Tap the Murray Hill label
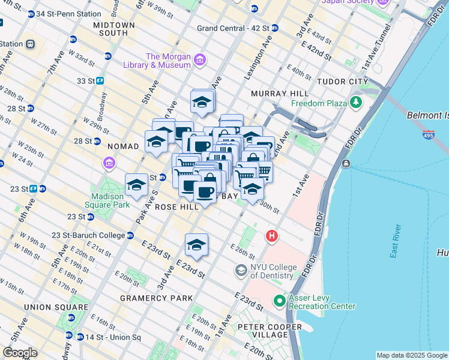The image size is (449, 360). [280, 94]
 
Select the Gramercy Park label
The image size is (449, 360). [157, 298]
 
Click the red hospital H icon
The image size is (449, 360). [271, 237]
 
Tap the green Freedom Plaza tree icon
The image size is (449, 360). [357, 103]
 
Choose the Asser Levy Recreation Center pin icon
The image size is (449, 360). [279, 301]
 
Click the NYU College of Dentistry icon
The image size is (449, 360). [241, 271]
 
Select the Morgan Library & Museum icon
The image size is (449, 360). [200, 60]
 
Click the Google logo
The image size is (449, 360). [20, 352]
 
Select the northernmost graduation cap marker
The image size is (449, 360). [202, 101]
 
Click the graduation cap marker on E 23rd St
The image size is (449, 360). [196, 245]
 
